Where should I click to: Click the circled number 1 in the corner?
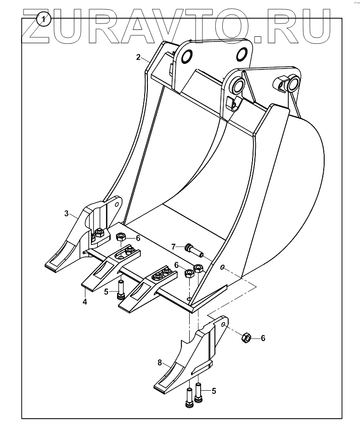click(x=43, y=19)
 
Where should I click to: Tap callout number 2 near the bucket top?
click(x=138, y=57)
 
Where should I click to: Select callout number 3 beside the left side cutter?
click(x=67, y=213)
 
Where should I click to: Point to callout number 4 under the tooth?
click(x=85, y=302)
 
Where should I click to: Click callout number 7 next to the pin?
click(x=174, y=247)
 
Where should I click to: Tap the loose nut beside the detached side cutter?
click(x=246, y=339)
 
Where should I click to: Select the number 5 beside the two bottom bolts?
click(x=213, y=391)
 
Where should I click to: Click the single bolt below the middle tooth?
click(x=121, y=290)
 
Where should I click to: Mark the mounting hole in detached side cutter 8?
click(x=223, y=324)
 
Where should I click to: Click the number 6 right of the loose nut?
click(x=263, y=338)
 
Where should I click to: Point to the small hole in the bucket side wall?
click(x=223, y=267)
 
